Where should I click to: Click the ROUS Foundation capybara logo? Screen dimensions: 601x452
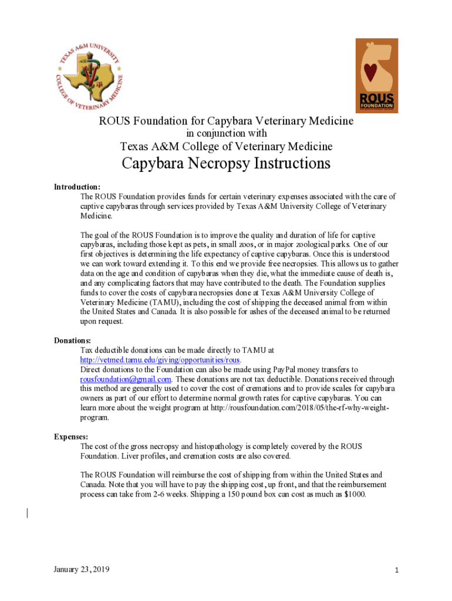point(376,75)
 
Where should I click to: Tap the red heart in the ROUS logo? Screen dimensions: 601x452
point(370,72)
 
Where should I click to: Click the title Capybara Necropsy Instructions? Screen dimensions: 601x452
point(226,163)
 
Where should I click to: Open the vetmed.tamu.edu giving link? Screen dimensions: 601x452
point(160,360)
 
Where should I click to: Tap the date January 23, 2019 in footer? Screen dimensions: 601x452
point(81,569)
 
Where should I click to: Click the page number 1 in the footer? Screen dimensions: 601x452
point(397,570)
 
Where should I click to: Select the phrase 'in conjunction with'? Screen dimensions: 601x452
point(226,133)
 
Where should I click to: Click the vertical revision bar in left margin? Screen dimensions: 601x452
point(28,514)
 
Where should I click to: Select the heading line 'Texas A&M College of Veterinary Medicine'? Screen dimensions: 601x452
point(226,146)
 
